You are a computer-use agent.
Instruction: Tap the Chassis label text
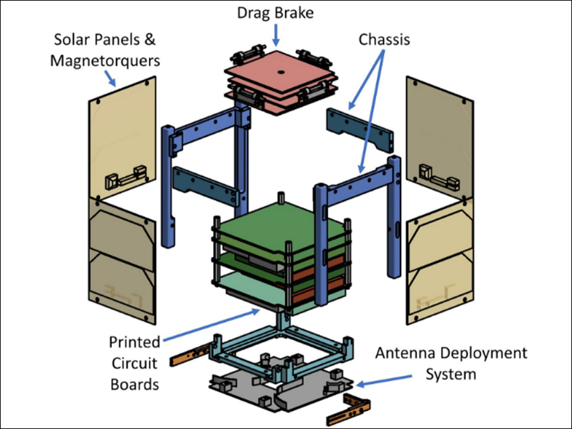point(384,39)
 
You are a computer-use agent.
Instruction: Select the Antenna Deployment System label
point(451,363)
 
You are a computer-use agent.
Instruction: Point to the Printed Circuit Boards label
point(134,363)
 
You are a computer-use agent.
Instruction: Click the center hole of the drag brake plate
point(281,72)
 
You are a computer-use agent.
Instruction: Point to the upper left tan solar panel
point(122,139)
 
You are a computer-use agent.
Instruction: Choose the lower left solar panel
point(122,262)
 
